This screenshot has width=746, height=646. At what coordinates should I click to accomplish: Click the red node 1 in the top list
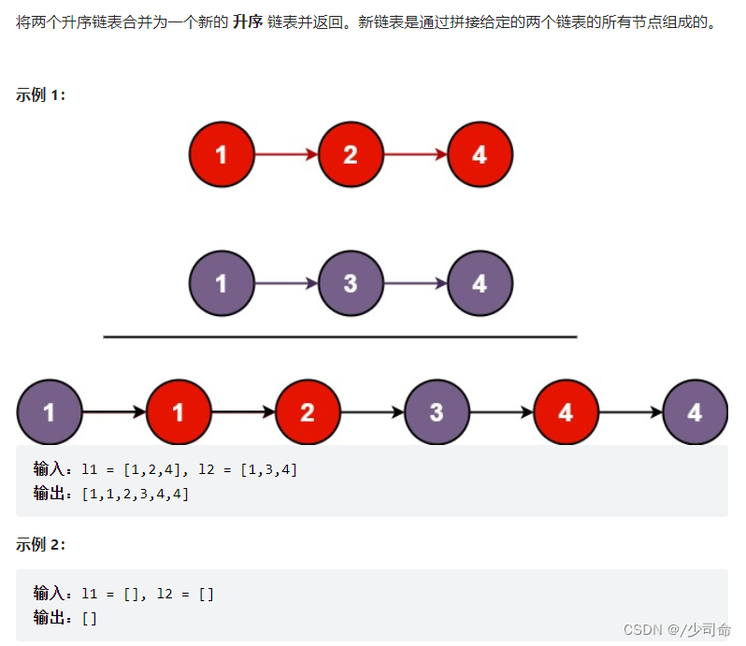point(222,154)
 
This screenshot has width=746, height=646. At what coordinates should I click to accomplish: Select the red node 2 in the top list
point(351,154)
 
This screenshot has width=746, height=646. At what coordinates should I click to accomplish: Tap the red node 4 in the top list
point(480,154)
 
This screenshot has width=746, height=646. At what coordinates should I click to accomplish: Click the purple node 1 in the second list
point(222,282)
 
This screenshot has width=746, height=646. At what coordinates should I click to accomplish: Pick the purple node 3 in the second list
point(351,282)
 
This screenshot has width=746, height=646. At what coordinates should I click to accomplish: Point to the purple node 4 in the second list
point(480,282)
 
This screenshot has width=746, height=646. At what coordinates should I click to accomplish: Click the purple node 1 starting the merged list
point(49,411)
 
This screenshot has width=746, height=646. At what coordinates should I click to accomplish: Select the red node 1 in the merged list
point(179,411)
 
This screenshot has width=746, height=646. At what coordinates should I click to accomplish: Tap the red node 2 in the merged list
point(308,411)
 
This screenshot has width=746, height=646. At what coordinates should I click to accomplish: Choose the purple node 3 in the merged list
point(437,411)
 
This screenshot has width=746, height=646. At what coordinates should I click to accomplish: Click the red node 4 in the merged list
point(566,411)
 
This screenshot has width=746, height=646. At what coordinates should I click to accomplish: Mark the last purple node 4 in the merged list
point(695,411)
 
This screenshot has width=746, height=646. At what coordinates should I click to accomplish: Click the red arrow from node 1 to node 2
point(286,154)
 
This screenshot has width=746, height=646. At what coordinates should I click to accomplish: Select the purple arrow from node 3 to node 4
point(415,282)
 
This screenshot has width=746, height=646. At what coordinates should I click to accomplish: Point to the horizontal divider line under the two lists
point(340,337)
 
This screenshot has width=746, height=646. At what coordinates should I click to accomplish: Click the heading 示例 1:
point(41,94)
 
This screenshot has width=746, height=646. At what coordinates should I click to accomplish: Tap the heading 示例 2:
point(41,545)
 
